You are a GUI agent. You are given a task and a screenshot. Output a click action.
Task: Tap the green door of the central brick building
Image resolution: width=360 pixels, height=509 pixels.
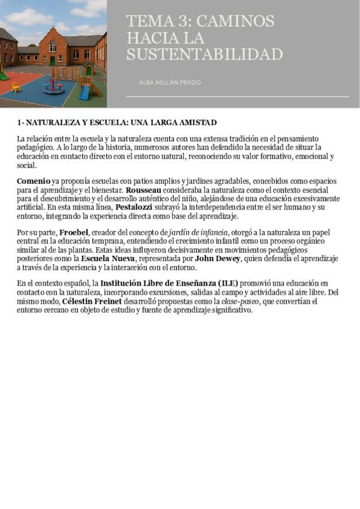(x=53, y=61)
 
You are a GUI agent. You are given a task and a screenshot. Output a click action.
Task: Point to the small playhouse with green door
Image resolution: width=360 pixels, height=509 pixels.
(x=88, y=70)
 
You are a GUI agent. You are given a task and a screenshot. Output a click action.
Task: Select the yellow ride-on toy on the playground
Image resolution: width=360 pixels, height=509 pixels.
(x=16, y=88)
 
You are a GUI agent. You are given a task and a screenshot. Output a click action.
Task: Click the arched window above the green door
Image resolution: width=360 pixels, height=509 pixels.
(x=53, y=46)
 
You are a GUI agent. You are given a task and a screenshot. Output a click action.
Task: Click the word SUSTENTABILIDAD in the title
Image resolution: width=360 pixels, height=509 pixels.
(x=204, y=55)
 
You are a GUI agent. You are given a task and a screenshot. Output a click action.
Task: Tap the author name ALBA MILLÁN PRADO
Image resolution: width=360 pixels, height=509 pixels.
(x=170, y=82)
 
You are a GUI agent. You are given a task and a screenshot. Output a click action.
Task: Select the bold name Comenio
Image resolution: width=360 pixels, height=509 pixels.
(x=34, y=181)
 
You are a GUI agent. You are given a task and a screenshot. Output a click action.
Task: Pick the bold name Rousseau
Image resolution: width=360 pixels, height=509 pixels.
(x=143, y=190)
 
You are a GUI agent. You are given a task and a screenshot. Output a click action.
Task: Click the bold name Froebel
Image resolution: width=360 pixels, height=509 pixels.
(x=74, y=232)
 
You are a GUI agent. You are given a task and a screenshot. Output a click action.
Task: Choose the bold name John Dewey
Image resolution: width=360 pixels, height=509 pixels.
(x=217, y=259)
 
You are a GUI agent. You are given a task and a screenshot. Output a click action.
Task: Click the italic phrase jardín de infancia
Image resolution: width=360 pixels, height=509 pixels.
(x=198, y=232)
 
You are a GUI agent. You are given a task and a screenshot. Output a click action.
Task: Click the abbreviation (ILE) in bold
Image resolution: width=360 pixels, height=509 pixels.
(x=227, y=283)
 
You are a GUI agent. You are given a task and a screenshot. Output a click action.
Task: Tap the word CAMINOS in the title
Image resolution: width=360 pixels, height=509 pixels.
(x=235, y=22)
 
